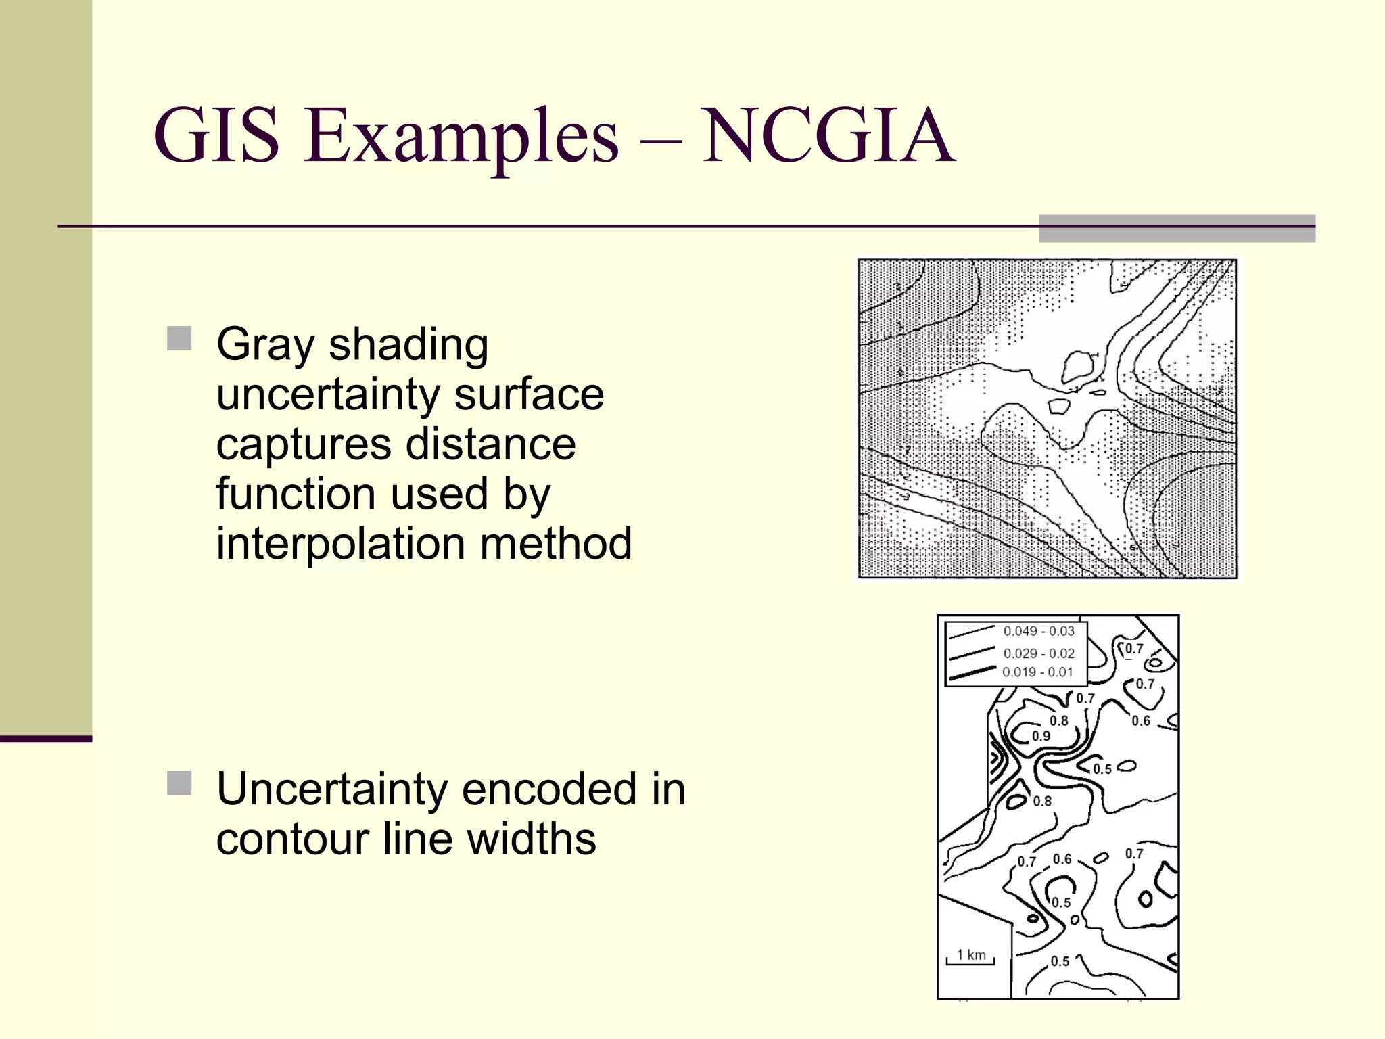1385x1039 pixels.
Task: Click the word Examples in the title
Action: click(x=461, y=137)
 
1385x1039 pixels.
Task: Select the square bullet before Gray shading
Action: click(x=179, y=338)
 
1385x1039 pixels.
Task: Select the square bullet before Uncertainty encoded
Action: click(x=179, y=783)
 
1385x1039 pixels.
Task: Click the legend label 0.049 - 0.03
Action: click(x=1039, y=631)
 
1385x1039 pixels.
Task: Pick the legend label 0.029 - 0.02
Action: click(x=1039, y=653)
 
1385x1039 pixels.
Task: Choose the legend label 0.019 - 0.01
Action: click(x=1037, y=672)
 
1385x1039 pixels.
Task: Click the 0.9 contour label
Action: click(x=1041, y=736)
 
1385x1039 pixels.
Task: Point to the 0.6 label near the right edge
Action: click(x=1141, y=721)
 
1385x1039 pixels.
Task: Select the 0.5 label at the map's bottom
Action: click(x=1060, y=961)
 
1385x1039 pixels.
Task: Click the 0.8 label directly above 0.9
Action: click(x=1058, y=721)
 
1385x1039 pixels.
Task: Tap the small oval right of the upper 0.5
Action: click(x=1127, y=766)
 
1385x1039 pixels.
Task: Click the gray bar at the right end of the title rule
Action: click(x=1177, y=229)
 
